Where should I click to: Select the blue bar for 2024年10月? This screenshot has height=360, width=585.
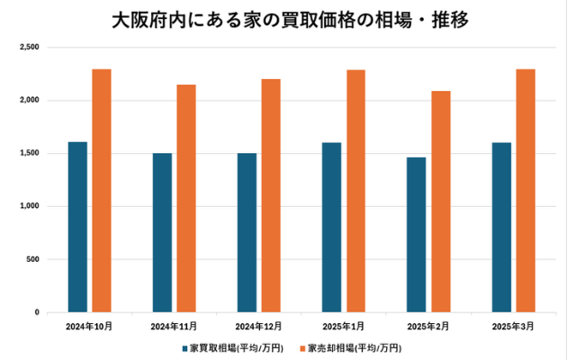tap(77, 227)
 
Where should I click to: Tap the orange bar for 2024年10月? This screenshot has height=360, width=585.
tap(102, 191)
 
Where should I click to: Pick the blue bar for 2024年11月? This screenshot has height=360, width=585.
tap(162, 232)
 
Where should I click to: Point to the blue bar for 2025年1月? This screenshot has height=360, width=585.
tap(331, 227)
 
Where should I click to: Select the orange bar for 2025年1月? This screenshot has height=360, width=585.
tap(355, 191)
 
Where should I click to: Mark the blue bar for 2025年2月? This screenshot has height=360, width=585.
tap(416, 234)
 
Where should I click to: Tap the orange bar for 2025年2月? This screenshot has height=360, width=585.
tap(440, 202)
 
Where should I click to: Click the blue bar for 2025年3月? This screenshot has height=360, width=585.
tap(501, 227)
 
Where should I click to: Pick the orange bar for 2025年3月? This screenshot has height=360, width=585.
tap(525, 191)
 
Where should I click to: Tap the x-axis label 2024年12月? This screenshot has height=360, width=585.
tap(259, 325)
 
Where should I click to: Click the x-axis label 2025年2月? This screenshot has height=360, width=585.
tap(428, 325)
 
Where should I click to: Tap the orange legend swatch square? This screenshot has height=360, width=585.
tap(302, 347)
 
